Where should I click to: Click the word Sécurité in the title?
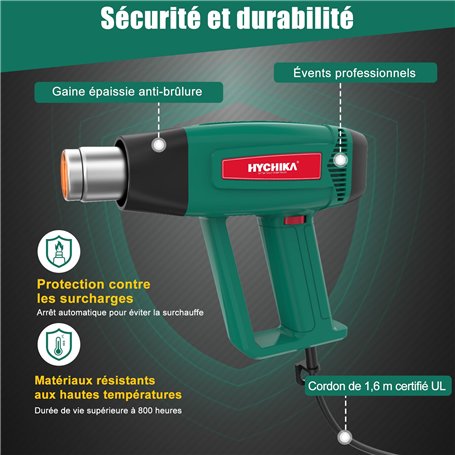[150, 19]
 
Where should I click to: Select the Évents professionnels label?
[354, 73]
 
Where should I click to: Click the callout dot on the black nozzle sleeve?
[158, 144]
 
